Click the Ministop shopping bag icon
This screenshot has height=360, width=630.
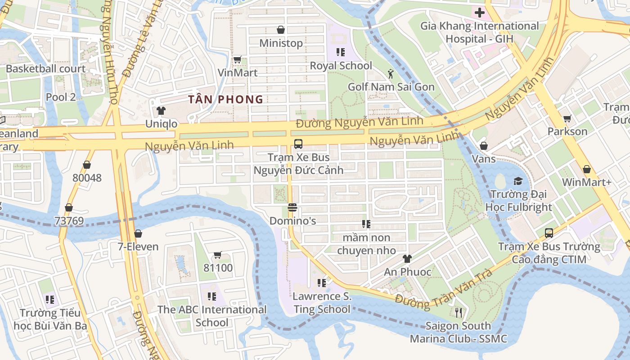tap(281, 30)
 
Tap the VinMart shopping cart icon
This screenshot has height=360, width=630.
tap(237, 59)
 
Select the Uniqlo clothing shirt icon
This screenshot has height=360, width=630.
tap(161, 110)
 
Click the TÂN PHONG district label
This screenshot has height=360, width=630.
tap(225, 99)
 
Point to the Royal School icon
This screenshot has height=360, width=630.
tap(341, 52)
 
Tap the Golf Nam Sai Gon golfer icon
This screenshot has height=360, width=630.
tap(391, 74)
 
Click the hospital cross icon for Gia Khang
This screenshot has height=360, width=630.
tap(479, 13)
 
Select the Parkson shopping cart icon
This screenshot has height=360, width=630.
tap(567, 118)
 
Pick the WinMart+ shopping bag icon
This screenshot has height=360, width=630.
tap(587, 169)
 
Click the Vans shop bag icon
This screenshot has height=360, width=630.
tap(484, 146)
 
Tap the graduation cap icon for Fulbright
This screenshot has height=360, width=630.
tap(518, 181)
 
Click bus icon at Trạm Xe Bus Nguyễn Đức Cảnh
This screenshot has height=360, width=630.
tap(298, 144)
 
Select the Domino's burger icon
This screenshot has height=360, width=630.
tap(292, 208)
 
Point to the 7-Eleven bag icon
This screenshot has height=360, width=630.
tap(138, 234)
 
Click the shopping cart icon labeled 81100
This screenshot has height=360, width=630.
tap(218, 255)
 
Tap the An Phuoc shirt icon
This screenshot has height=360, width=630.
tap(407, 259)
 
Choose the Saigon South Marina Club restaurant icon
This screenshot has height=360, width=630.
tap(458, 312)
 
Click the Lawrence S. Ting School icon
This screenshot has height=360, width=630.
tap(321, 283)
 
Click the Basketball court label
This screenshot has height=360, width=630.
tap(45, 69)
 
